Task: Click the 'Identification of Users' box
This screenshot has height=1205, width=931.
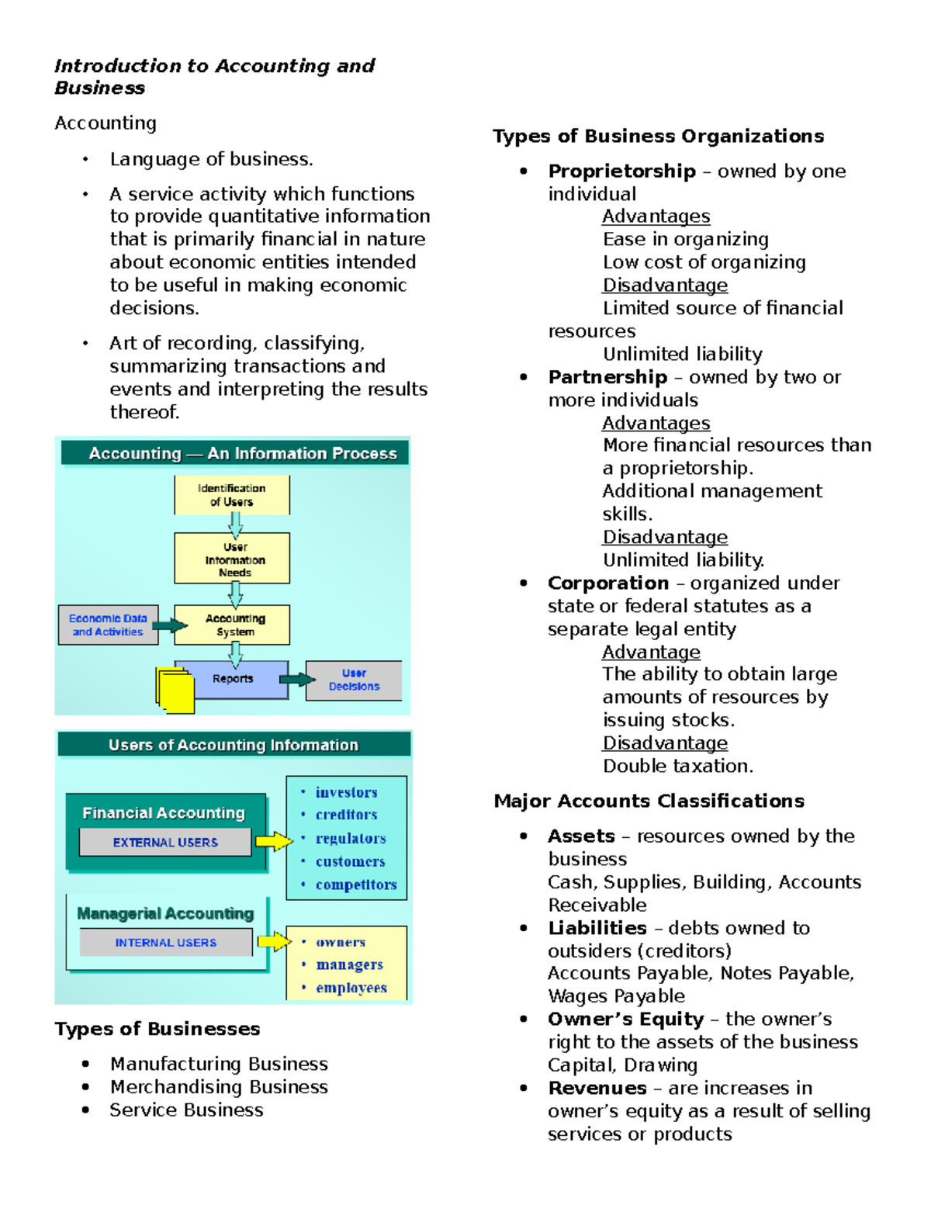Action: (232, 495)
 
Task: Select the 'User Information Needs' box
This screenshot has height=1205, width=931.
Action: (232, 559)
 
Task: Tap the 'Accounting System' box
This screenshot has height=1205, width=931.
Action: (233, 625)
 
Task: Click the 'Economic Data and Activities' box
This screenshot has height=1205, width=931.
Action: (108, 625)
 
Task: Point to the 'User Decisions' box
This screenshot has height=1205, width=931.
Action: (354, 680)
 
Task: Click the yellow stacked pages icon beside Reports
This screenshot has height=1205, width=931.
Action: (175, 690)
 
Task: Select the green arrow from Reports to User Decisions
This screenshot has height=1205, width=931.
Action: (296, 680)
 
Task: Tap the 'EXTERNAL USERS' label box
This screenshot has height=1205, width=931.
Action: (165, 842)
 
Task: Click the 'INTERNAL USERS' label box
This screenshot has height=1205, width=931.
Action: (165, 942)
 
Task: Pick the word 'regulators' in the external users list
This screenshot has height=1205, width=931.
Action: (350, 838)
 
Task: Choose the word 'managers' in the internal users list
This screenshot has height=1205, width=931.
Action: (349, 964)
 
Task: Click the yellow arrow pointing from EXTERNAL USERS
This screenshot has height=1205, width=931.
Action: (273, 840)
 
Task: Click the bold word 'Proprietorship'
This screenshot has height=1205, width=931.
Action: (621, 171)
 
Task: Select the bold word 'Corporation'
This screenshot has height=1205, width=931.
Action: (607, 583)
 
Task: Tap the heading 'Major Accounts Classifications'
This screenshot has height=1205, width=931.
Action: (649, 801)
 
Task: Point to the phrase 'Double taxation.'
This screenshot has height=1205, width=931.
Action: (677, 766)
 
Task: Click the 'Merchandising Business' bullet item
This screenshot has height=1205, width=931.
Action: (218, 1087)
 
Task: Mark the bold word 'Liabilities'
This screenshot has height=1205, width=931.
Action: (597, 928)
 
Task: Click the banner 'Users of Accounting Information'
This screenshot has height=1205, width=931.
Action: (233, 745)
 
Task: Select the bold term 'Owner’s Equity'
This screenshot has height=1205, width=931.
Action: (625, 1019)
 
